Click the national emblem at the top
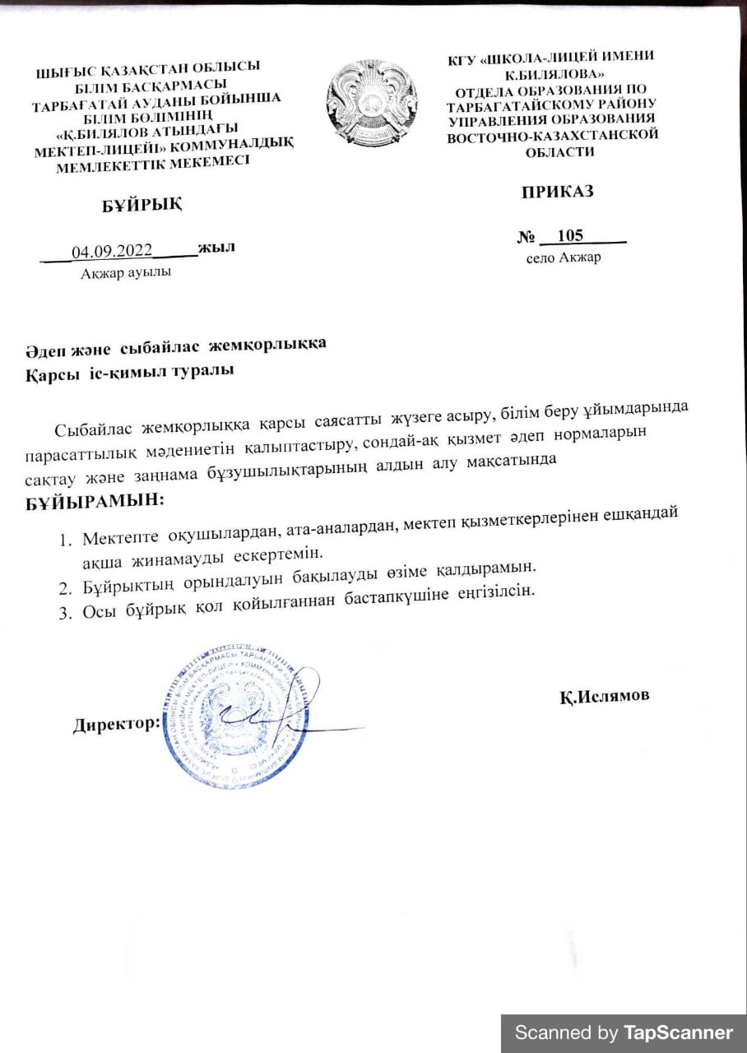(372, 102)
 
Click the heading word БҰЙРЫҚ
(142, 205)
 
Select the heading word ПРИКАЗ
(557, 192)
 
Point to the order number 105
(569, 236)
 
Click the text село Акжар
(564, 257)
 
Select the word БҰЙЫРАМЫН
(94, 499)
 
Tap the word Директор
(116, 725)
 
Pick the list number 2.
(65, 587)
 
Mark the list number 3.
(65, 611)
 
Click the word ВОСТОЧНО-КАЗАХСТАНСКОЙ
(553, 136)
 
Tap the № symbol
(527, 238)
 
